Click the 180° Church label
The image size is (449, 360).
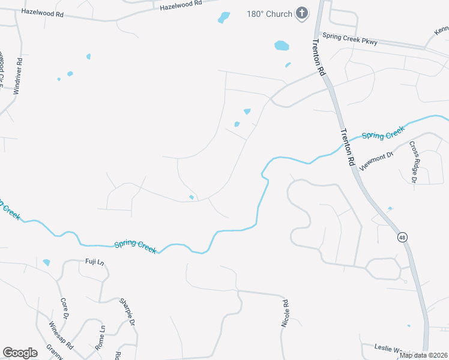click(x=270, y=14)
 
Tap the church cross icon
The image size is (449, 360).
click(x=302, y=13)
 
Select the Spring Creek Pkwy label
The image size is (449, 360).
click(x=350, y=39)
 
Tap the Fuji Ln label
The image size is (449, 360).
click(x=95, y=262)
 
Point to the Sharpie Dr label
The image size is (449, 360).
click(x=127, y=313)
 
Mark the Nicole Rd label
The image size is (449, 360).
click(x=285, y=313)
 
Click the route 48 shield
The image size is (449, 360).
click(x=401, y=238)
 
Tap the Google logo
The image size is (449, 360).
click(x=20, y=353)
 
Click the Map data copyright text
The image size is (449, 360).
click(x=423, y=355)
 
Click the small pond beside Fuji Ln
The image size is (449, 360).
click(x=47, y=263)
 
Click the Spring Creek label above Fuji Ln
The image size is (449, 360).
click(x=135, y=245)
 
